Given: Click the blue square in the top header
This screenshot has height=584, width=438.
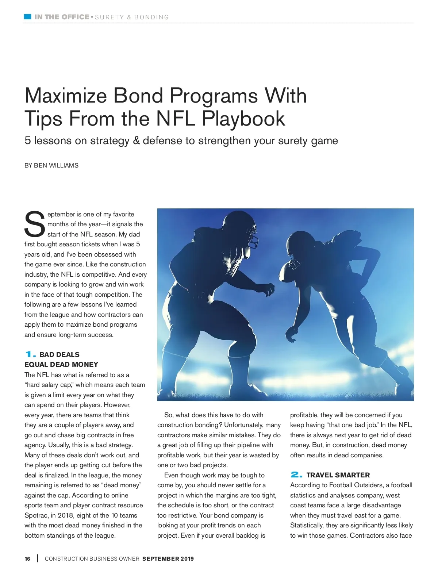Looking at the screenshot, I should point(27,17).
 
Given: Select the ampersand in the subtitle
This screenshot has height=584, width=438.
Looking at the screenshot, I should point(137,141).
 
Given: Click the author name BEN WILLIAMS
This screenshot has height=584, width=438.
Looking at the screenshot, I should point(56,165).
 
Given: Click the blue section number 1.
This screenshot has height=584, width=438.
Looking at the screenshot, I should point(31,354).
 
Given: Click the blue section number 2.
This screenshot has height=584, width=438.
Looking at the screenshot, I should point(296,475).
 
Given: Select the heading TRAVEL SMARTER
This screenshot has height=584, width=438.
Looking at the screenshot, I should point(338,475).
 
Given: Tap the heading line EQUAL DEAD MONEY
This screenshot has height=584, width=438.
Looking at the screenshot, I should point(61,365).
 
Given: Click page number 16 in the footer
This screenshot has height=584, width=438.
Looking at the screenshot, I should point(28,559).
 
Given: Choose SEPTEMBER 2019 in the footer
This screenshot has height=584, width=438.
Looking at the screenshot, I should point(168,559).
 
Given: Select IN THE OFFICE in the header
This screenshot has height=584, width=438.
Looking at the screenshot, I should point(62,17).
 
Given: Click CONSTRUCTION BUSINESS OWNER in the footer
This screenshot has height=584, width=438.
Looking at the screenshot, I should point(92,559).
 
